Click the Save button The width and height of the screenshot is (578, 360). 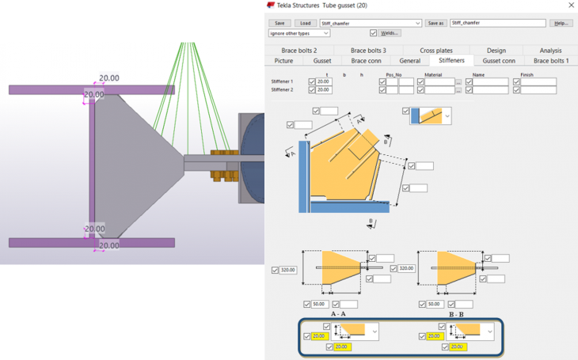point(279,23)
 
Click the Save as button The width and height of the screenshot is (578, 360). point(435,23)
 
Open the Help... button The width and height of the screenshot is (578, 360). point(561,23)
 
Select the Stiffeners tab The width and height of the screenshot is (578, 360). point(451,60)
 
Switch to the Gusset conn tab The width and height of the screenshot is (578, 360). point(499,60)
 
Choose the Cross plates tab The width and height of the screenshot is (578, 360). point(436,50)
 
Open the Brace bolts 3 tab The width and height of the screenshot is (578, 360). point(366,50)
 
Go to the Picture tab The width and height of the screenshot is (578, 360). point(283,60)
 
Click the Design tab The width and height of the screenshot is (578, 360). point(496,50)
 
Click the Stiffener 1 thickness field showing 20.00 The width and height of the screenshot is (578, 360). point(323,81)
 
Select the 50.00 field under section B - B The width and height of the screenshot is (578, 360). point(434,304)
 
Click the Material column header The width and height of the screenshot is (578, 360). point(433,74)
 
